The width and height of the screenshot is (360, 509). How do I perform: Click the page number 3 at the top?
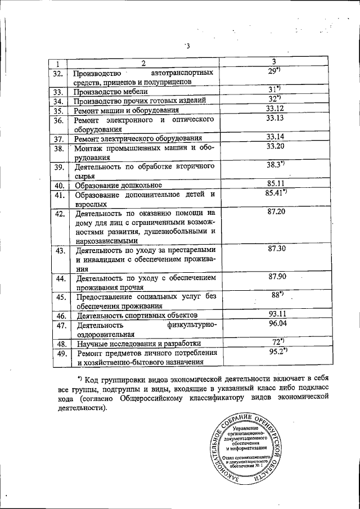[188, 46]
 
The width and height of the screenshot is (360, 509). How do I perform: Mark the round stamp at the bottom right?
[251, 448]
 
